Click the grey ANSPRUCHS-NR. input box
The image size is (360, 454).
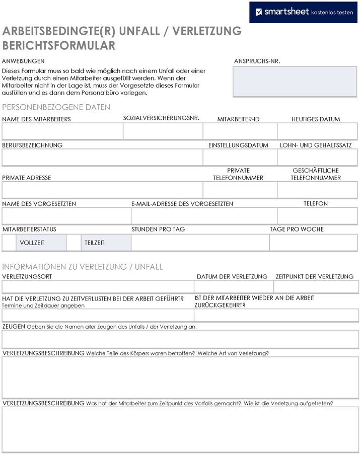pos(295,81)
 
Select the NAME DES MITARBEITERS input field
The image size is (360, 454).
pos(62,131)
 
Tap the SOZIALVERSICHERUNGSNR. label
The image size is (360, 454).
pos(161,118)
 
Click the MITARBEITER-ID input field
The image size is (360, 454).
pos(240,131)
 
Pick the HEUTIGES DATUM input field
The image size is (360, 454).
pos(317,131)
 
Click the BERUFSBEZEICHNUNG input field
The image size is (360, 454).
pos(102,158)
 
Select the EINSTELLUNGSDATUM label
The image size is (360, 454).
pos(238,145)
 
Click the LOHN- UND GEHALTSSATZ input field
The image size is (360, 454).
pos(317,158)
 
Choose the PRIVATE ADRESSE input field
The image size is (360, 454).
pos(102,190)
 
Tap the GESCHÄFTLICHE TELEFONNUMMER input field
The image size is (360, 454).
pos(317,190)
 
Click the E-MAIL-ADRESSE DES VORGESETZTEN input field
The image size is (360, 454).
pos(204,216)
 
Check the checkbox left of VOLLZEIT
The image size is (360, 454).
pos(9,243)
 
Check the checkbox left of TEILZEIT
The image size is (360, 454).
pos(74,243)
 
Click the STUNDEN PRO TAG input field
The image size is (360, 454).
pos(200,243)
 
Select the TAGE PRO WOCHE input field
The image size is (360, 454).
pos(313,243)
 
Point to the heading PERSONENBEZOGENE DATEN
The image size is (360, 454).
pos(56,107)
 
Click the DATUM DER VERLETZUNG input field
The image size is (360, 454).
pos(234,287)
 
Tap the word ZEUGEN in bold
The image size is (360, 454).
pos(14,327)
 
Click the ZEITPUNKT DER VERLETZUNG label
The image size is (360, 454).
pos(315,277)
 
